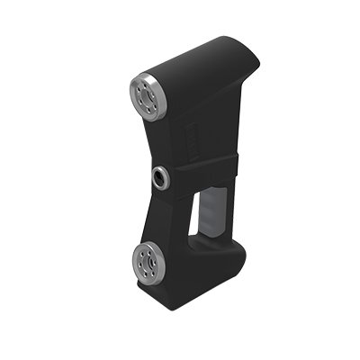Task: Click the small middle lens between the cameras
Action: [162, 176]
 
